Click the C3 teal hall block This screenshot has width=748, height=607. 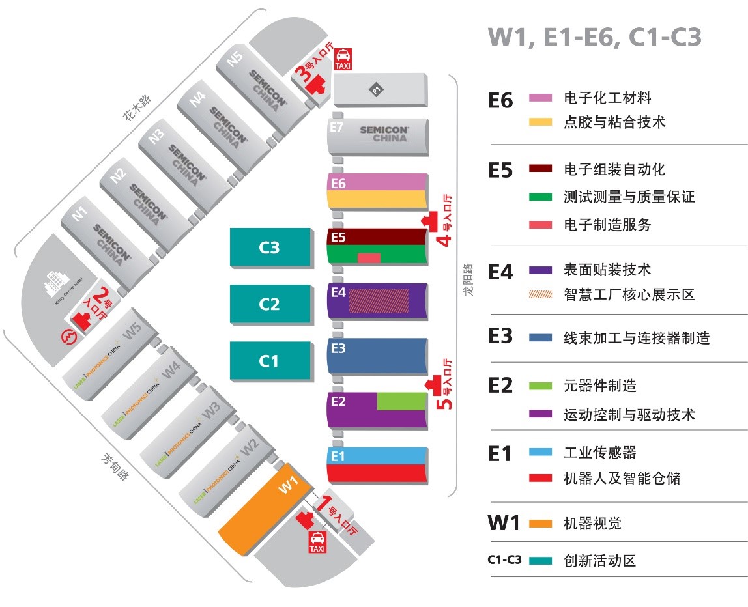(x=270, y=247)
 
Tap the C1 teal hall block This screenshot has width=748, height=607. (x=270, y=360)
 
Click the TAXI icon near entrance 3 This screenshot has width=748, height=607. (x=343, y=59)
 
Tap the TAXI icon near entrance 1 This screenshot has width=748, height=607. (x=317, y=542)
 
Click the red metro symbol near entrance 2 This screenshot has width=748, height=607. (x=70, y=337)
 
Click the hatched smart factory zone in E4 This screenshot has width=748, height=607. (x=379, y=300)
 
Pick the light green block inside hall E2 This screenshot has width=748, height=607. (x=401, y=402)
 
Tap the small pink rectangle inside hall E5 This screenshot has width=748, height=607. (x=369, y=258)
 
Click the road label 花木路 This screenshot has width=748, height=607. (x=137, y=107)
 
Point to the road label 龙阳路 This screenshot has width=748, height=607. (x=468, y=280)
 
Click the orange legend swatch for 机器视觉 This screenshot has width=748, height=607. (x=541, y=524)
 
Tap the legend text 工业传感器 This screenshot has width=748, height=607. (x=599, y=453)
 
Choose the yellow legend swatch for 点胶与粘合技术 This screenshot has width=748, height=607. (x=541, y=122)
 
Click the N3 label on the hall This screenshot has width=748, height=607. (x=156, y=136)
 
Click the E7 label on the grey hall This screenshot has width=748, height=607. (x=336, y=127)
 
